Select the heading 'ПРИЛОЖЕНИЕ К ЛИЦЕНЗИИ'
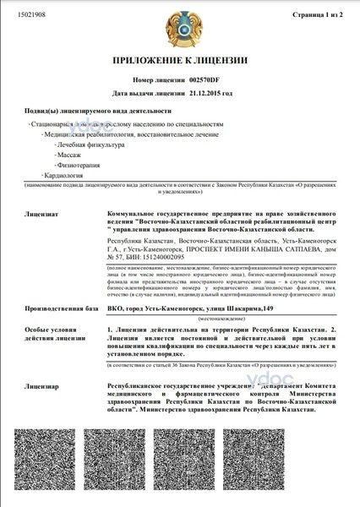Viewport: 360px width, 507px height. coord(179,63)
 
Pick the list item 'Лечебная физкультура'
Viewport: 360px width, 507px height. coord(88,146)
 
